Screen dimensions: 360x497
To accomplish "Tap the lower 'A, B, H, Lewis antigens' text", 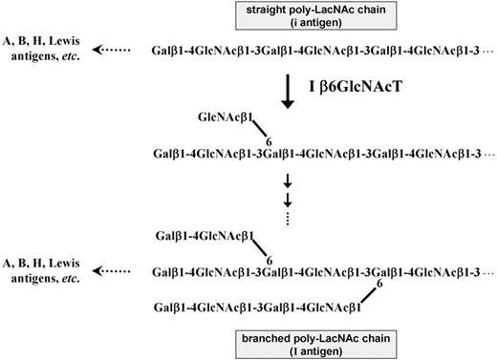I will [47, 271].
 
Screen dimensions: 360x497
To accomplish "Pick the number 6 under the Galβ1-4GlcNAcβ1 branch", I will [269, 259].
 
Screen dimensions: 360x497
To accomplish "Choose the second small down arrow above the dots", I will [287, 199].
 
